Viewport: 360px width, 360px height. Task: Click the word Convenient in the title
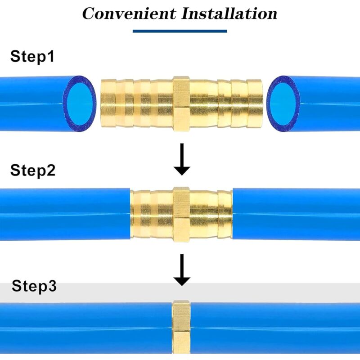pyautogui.click(x=129, y=13)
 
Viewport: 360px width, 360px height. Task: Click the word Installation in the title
pyautogui.click(x=229, y=13)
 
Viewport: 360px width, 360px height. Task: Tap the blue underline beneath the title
pyautogui.click(x=180, y=31)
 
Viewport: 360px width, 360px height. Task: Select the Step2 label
pyautogui.click(x=33, y=171)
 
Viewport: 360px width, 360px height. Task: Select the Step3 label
pyautogui.click(x=34, y=286)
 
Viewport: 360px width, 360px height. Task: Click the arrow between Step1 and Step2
pyautogui.click(x=182, y=159)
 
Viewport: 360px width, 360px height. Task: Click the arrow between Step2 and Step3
pyautogui.click(x=182, y=270)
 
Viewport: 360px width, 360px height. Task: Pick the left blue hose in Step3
pyautogui.click(x=85, y=326)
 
